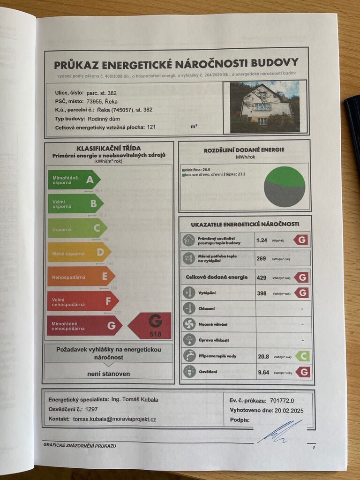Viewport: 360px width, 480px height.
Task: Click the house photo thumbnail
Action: coord(264,107)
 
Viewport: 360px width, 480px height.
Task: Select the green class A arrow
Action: coord(74,180)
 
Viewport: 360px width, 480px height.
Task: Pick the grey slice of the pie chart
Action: coord(284,195)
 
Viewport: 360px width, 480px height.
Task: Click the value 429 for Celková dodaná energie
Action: coord(262,277)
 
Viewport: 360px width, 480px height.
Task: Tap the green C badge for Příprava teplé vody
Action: coord(302,356)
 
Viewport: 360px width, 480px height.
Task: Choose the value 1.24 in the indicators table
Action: coord(262,240)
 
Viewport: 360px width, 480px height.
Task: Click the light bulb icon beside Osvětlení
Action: coord(189,372)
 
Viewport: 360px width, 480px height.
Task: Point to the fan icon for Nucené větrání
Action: coord(189,324)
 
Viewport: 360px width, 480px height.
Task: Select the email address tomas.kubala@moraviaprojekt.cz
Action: coord(114,419)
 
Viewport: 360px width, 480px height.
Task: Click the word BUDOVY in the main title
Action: coord(274,63)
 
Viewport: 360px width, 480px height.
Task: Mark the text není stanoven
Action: coord(109,374)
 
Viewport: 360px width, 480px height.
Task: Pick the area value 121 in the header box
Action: coord(151,127)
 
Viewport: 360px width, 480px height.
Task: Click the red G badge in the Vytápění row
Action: coord(301,293)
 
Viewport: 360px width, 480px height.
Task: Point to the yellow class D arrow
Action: coord(78,252)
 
